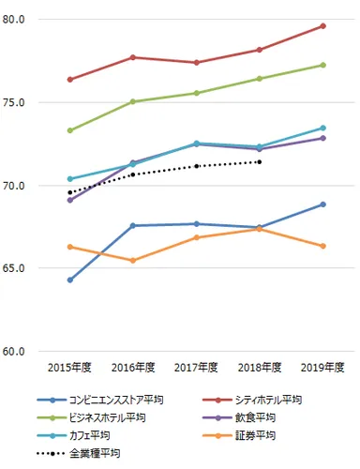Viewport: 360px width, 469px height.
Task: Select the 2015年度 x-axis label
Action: point(70,367)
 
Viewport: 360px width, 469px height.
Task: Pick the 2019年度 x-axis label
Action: point(322,367)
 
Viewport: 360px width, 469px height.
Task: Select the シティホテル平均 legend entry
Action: point(272,400)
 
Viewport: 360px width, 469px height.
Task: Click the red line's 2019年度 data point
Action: point(322,25)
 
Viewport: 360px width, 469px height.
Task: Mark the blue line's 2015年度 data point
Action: point(70,280)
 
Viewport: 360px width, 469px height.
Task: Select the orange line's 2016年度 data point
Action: point(133,260)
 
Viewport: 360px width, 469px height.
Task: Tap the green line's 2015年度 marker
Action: point(70,130)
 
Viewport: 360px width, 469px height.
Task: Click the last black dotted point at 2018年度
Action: point(260,161)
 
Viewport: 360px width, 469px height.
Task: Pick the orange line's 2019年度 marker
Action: point(322,246)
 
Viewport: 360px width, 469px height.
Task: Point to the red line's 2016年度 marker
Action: point(133,57)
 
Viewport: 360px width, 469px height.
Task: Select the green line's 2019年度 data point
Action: point(322,65)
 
